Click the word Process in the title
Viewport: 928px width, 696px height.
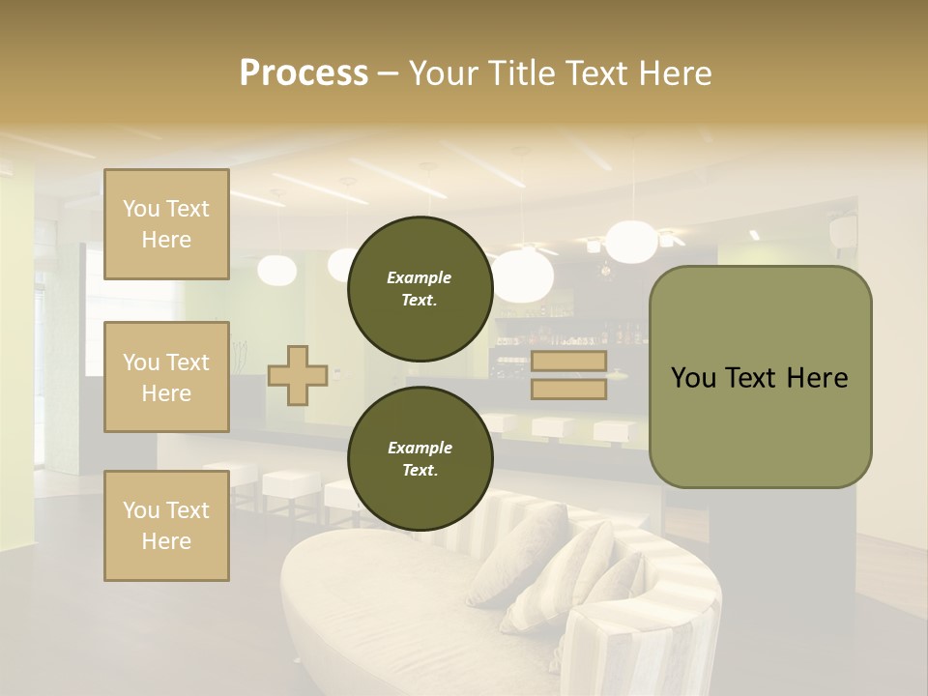point(304,73)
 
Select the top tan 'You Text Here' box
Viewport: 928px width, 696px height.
point(166,224)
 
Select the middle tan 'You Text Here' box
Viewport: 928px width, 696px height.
point(166,377)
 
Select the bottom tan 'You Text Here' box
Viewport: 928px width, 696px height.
point(166,525)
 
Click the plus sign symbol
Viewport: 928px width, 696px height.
point(297,375)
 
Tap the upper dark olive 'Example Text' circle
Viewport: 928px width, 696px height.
point(420,288)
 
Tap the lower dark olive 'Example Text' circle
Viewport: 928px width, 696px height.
point(420,458)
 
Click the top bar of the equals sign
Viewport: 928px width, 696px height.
point(568,362)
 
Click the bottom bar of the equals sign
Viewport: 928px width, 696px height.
point(568,389)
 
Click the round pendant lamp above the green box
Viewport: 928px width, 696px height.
point(631,242)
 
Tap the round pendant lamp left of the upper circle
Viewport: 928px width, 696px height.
point(277,270)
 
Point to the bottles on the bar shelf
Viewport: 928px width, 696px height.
point(619,334)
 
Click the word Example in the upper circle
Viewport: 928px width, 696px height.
point(420,277)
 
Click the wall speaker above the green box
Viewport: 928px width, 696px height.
point(842,230)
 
